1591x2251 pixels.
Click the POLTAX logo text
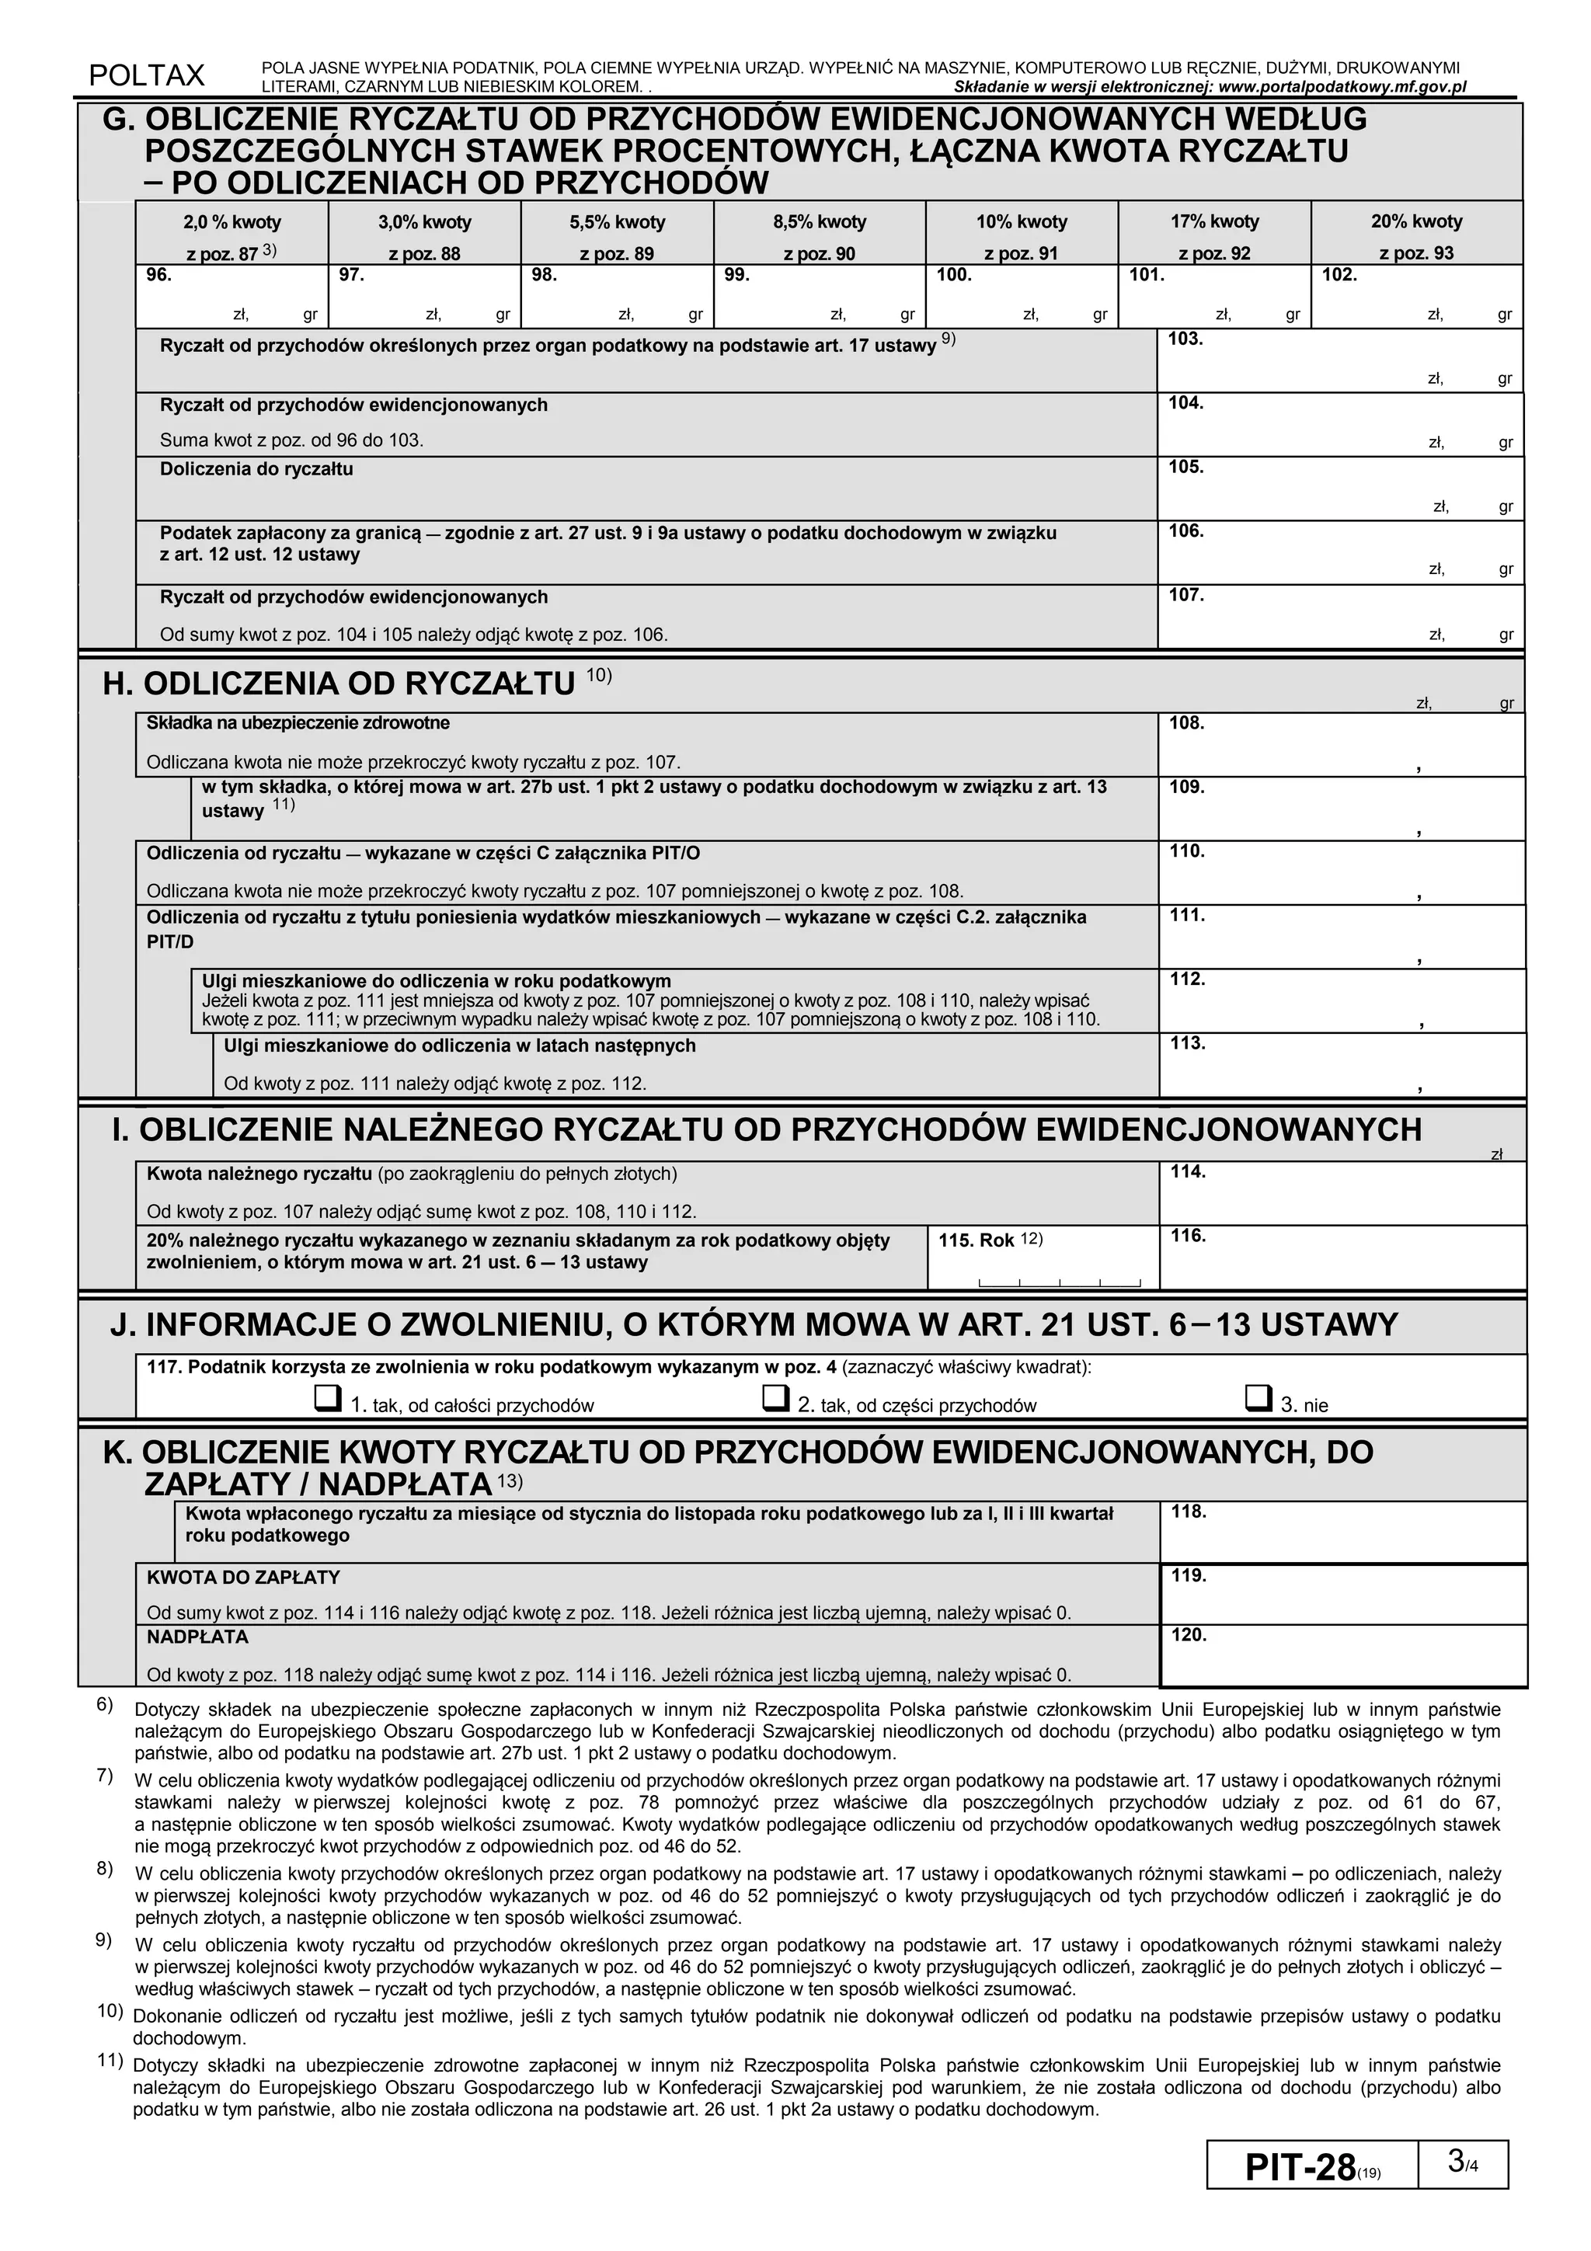pos(147,75)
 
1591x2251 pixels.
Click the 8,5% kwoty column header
pos(819,223)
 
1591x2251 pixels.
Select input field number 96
pos(232,297)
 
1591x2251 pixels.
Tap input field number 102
pos(1416,297)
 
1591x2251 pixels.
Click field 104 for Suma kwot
pos(1340,426)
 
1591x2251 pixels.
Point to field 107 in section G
pos(1340,618)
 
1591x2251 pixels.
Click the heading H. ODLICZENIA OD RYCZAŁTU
pos(339,684)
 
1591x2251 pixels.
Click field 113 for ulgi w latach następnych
pos(1340,1066)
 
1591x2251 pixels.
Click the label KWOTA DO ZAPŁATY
pos(243,1578)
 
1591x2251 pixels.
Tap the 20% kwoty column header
pos(1416,223)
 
